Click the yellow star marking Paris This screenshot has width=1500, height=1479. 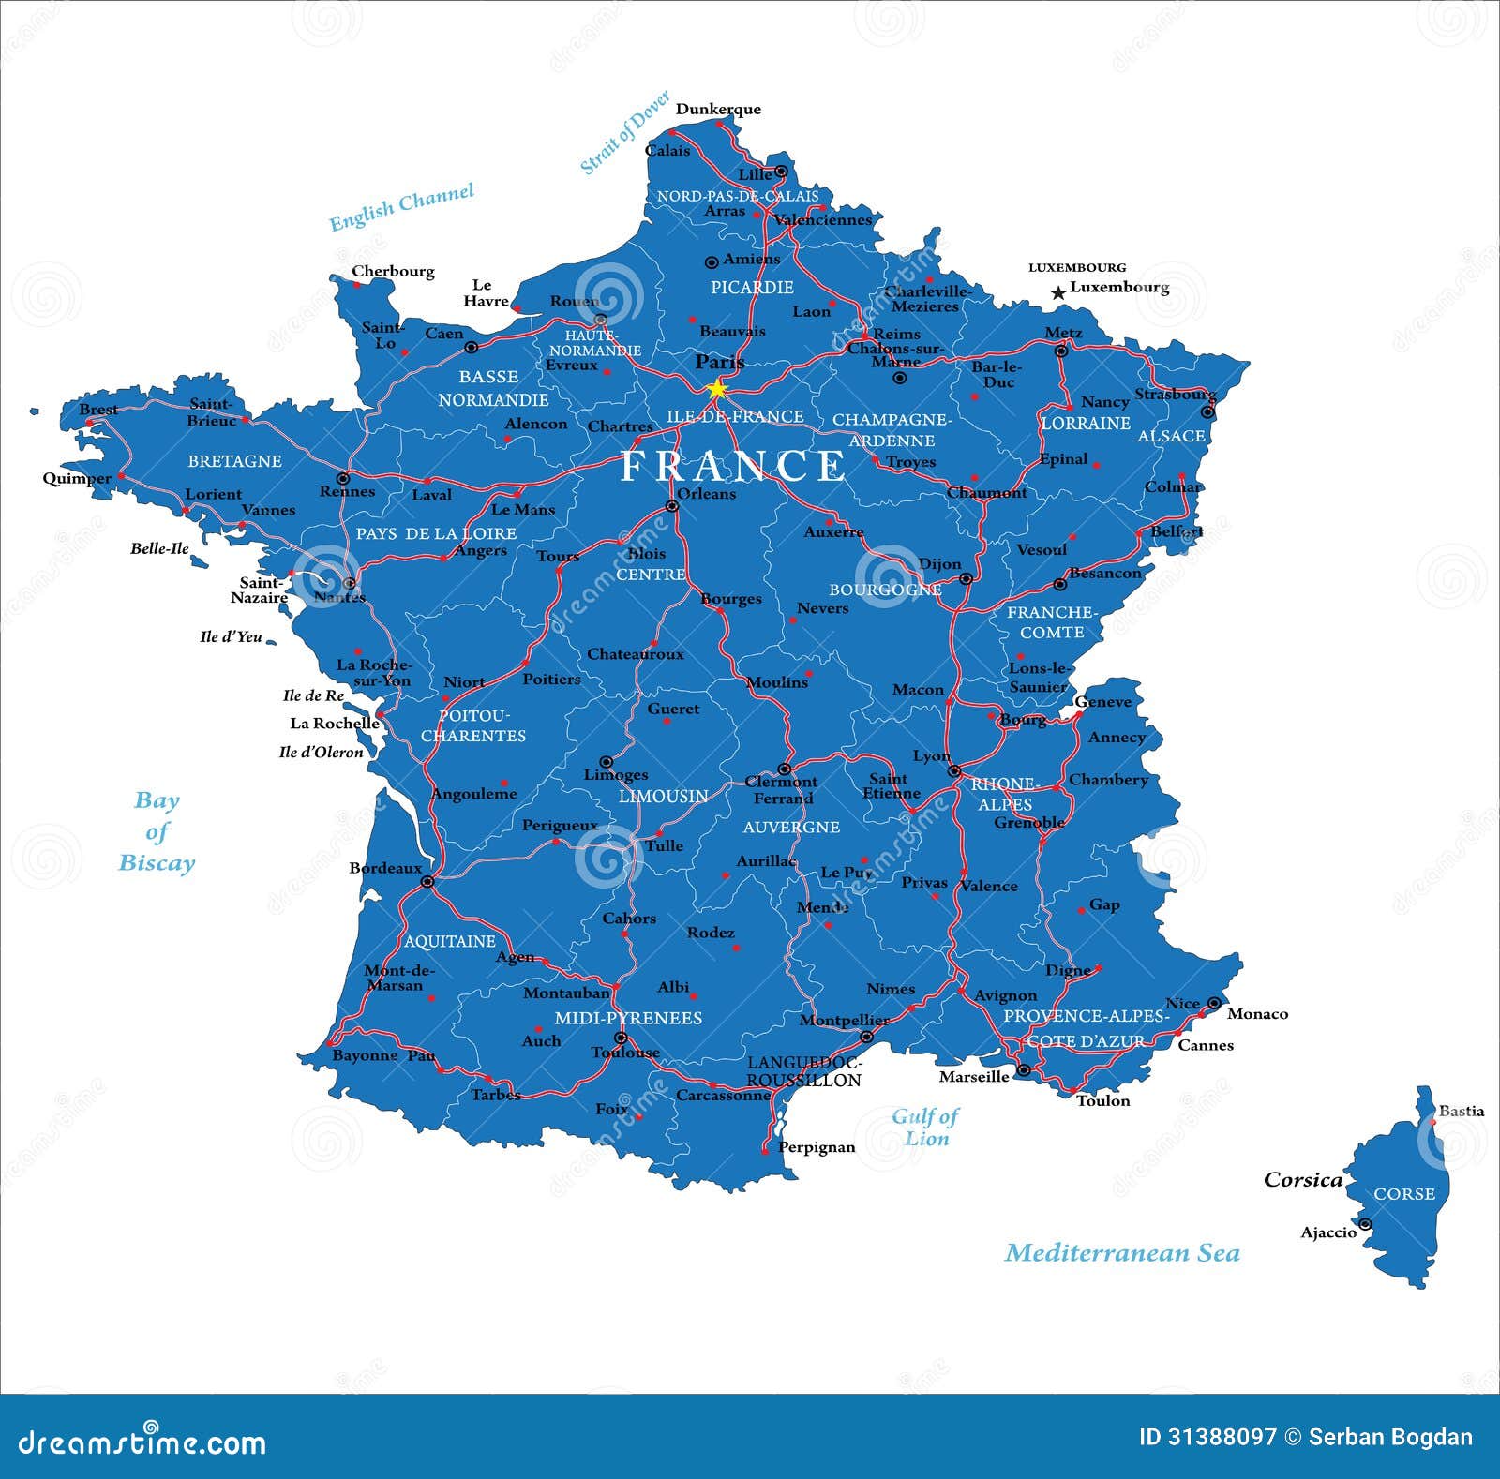point(717,388)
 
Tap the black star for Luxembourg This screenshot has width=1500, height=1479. point(1058,293)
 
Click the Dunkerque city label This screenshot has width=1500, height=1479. point(718,109)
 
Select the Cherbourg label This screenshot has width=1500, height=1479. point(393,271)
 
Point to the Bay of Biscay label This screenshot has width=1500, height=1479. point(157,831)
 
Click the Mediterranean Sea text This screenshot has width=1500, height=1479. point(1121,1253)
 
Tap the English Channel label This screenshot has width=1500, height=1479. point(401,206)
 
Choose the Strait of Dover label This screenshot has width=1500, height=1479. point(624,132)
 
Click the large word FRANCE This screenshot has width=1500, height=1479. point(733,466)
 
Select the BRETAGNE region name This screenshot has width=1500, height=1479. point(234,461)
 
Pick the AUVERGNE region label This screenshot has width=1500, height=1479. point(791,827)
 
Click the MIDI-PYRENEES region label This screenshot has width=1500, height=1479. point(628,1018)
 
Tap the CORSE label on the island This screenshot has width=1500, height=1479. point(1403,1194)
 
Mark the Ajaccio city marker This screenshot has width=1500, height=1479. point(1365,1224)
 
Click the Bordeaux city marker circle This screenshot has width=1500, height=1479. point(427,882)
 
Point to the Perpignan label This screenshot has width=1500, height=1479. point(817,1147)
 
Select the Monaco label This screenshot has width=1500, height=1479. point(1257,1014)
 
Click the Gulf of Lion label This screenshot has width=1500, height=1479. point(925,1127)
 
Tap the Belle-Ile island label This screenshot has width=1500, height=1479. point(159,549)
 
